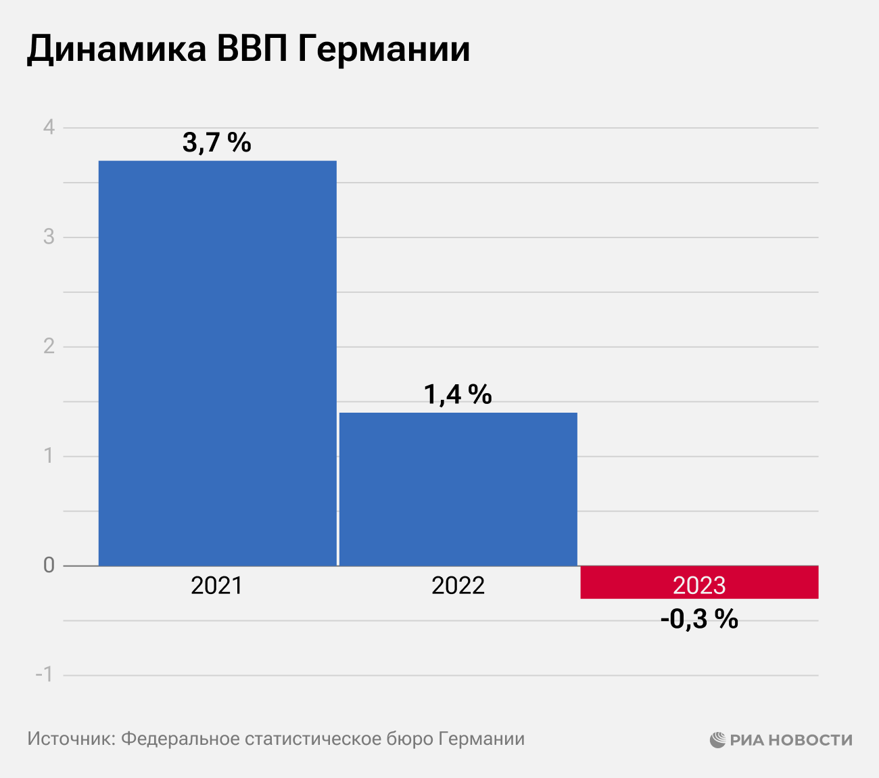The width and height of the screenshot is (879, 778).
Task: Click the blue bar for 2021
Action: point(217,363)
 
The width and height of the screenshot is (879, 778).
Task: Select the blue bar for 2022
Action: point(458,488)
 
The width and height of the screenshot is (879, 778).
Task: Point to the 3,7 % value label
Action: point(216,143)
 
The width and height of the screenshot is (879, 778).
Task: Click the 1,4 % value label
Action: point(458,394)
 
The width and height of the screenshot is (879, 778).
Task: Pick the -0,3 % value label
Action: point(699,619)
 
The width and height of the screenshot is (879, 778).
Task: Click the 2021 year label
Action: point(216,585)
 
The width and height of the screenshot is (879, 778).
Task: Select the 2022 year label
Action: point(458,585)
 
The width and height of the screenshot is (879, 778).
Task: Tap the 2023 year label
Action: point(699,585)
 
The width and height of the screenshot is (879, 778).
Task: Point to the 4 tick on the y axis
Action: point(49,127)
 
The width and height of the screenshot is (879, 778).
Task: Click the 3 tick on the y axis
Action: point(49,237)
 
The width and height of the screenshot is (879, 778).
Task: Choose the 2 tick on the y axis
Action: point(49,346)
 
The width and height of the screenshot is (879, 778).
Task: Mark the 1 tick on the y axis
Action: point(49,456)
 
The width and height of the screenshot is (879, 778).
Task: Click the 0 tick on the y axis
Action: point(49,566)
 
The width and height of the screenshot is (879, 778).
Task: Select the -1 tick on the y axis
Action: point(45,674)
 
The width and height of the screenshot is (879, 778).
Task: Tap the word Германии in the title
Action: point(383,49)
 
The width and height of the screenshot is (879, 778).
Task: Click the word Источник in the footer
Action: point(70,739)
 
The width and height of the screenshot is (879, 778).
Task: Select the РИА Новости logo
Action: point(781,739)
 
